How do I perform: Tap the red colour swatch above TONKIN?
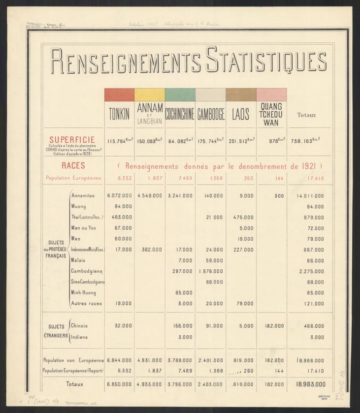[119, 95]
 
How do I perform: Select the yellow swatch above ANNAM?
[150, 95]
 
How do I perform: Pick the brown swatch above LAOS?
[241, 95]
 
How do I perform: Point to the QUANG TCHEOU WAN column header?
[271, 114]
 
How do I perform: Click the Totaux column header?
[307, 115]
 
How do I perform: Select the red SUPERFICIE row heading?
[72, 140]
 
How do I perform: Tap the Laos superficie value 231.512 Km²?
[241, 141]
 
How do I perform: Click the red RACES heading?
[73, 166]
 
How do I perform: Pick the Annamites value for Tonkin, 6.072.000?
[119, 195]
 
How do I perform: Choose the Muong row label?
[79, 206]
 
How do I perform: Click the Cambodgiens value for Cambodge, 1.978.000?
[211, 271]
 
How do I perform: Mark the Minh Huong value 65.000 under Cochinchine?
[184, 292]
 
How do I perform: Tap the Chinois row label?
[80, 325]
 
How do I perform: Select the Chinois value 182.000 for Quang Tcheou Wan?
[274, 325]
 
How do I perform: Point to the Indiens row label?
[80, 337]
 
